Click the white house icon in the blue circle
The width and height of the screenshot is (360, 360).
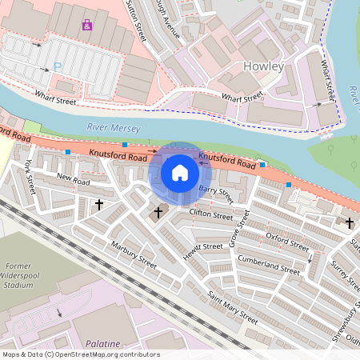180,172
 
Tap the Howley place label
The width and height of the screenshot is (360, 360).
262,66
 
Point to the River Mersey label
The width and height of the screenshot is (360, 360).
113,127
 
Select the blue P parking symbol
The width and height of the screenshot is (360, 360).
57,66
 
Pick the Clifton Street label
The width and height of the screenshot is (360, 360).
210,216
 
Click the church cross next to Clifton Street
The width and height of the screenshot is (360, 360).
158,213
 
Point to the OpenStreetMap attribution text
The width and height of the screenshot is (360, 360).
81,354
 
